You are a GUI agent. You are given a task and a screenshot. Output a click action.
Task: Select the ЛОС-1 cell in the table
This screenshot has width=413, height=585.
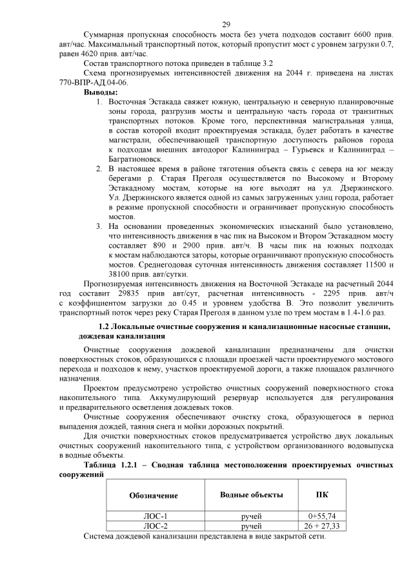[x=155, y=517]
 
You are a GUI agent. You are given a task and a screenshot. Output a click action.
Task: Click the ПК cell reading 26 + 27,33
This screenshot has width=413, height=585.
[x=322, y=527]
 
